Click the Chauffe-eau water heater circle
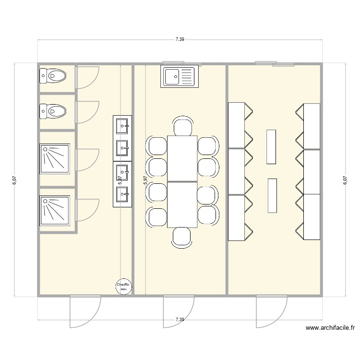[x=123, y=287]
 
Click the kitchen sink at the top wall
[x=179, y=77]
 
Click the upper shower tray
[x=55, y=158]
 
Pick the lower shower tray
[x=55, y=209]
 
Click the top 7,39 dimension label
[x=180, y=39]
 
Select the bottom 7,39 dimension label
[x=180, y=319]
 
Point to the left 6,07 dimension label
[x=15, y=180]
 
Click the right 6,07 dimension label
[x=345, y=180]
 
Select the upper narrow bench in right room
[x=272, y=146]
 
